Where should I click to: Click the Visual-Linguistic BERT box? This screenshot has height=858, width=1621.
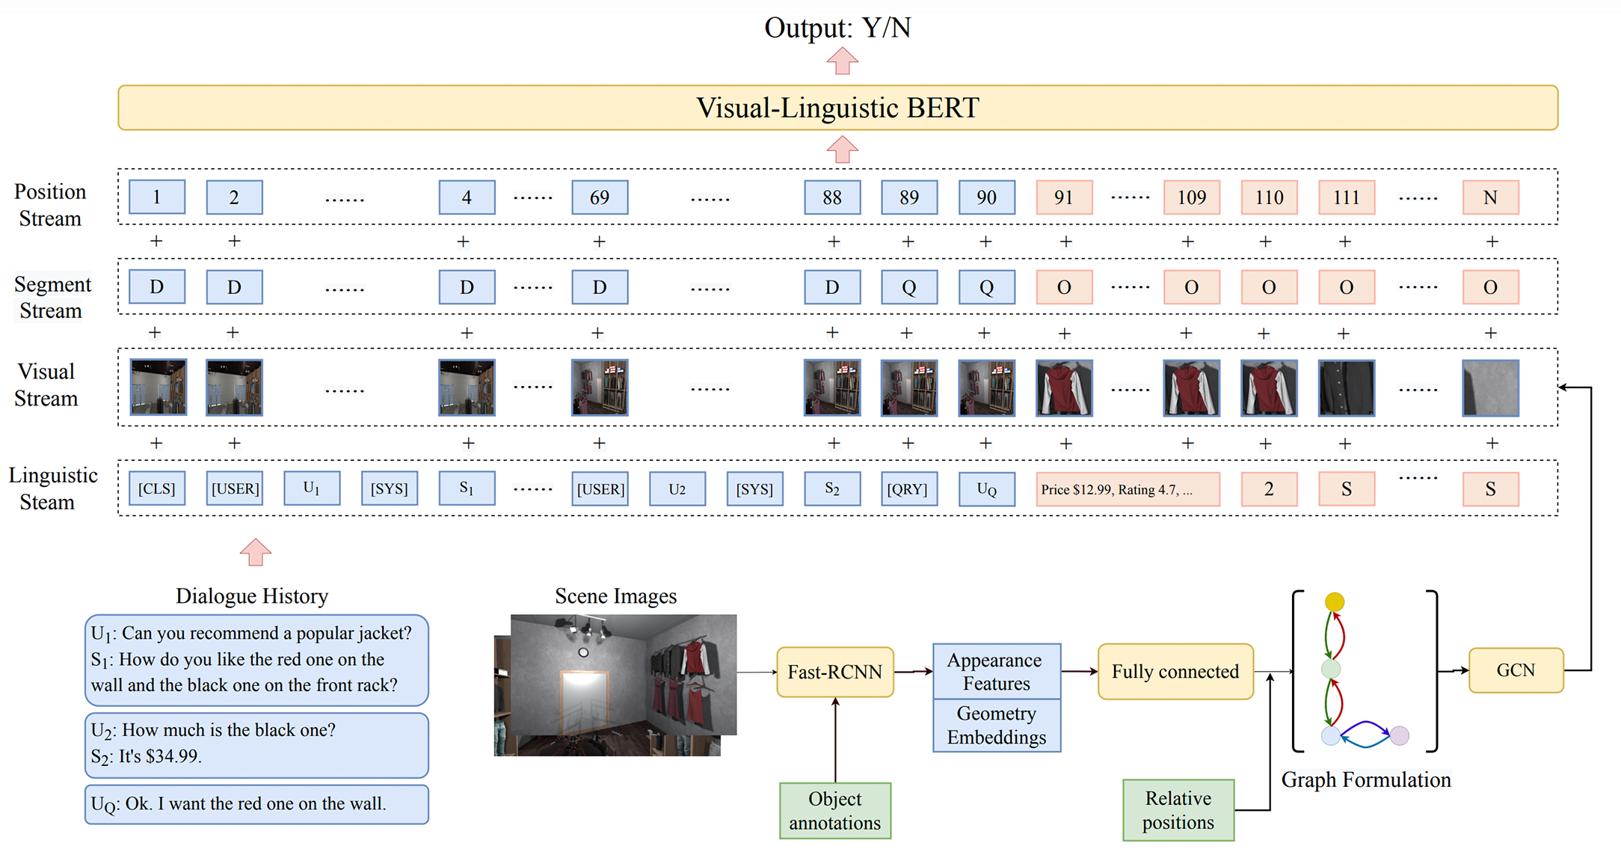coord(837,108)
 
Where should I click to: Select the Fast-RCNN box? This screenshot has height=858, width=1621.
coord(835,672)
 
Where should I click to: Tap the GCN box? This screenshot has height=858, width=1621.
coord(1516,670)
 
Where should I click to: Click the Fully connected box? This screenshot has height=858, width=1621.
coord(1175,672)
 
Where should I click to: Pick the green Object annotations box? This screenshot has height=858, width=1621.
coord(835,811)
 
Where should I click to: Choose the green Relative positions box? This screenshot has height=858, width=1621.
coord(1178,810)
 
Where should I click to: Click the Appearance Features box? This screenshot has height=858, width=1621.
coord(996,671)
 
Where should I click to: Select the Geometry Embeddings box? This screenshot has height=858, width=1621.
coord(996,725)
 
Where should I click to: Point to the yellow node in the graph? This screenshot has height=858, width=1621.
coord(1335,601)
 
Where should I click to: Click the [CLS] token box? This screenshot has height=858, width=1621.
coord(157,488)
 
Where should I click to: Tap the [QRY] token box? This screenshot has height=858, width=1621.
coord(908,488)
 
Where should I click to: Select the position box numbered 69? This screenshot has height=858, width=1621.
coord(600,197)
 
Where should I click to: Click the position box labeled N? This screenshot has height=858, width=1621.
coord(1490,197)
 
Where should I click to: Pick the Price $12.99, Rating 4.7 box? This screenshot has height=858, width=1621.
coord(1127,489)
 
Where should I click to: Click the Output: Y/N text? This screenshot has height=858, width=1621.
coord(837,28)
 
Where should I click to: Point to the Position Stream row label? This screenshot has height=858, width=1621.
coord(50,205)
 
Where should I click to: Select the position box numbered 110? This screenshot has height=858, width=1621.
coord(1269,197)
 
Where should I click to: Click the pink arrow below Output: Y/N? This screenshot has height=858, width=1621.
coord(842,61)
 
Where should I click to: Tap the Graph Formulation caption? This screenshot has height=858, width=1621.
coord(1366,779)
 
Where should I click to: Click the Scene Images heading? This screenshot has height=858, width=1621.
coord(615,596)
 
